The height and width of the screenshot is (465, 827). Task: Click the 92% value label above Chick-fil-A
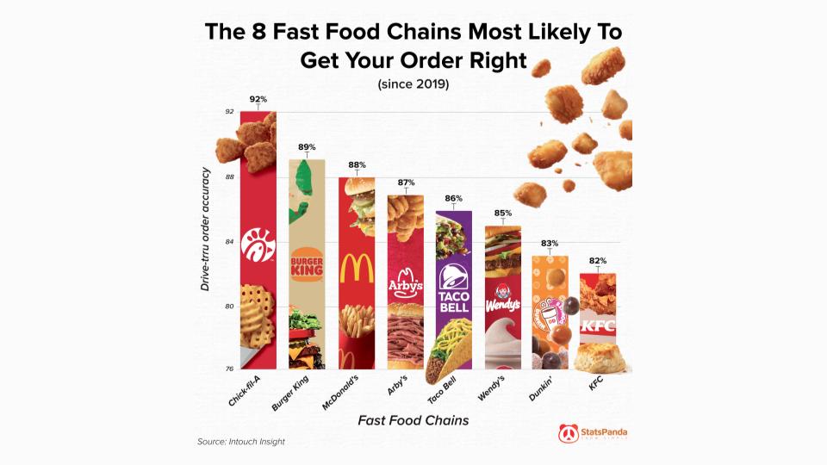pos(258,99)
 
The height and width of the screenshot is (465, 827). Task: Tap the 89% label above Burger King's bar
pos(307,147)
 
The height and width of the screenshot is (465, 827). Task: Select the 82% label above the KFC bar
pos(598,261)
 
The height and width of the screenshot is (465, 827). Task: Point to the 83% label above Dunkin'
pos(550,244)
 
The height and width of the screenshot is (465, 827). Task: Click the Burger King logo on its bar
pos(307,266)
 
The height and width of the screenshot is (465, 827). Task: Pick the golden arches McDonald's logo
pos(357,269)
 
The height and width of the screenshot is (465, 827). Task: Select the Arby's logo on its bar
pos(406,283)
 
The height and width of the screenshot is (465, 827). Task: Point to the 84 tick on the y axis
pos(229,242)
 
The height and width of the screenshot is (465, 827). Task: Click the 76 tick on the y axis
pos(229,369)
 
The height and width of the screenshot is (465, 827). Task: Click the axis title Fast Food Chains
pos(413,421)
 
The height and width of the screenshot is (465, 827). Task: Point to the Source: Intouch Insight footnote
pos(241,442)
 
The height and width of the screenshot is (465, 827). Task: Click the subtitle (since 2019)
pos(413,84)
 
